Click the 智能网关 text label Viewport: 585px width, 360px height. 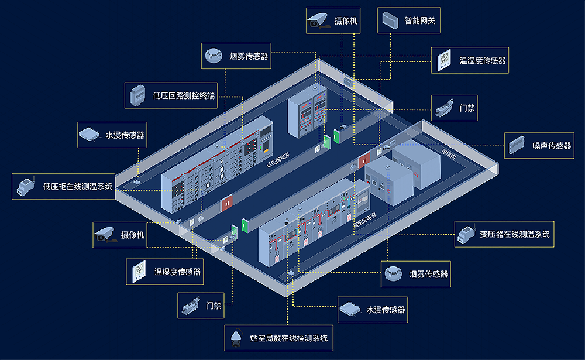click(419, 21)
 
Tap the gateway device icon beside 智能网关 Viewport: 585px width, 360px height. click(390, 21)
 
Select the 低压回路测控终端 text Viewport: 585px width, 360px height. click(184, 95)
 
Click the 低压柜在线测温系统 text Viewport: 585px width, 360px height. click(78, 187)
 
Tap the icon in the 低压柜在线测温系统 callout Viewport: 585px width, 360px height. click(26, 186)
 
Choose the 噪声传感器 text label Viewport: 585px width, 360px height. click(552, 145)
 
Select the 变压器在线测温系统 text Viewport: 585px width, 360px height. click(515, 234)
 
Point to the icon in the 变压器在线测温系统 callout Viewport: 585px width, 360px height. click(467, 234)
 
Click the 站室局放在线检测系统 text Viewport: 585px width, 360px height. click(288, 338)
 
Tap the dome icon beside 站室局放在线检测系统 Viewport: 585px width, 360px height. click(236, 338)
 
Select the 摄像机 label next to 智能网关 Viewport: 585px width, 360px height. click(346, 21)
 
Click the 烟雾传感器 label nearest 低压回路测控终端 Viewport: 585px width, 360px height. click(249, 56)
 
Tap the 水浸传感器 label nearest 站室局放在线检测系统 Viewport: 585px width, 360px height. click(386, 310)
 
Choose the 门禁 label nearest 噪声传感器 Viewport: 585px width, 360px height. click(467, 109)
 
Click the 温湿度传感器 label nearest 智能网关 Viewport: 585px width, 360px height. click(483, 60)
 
